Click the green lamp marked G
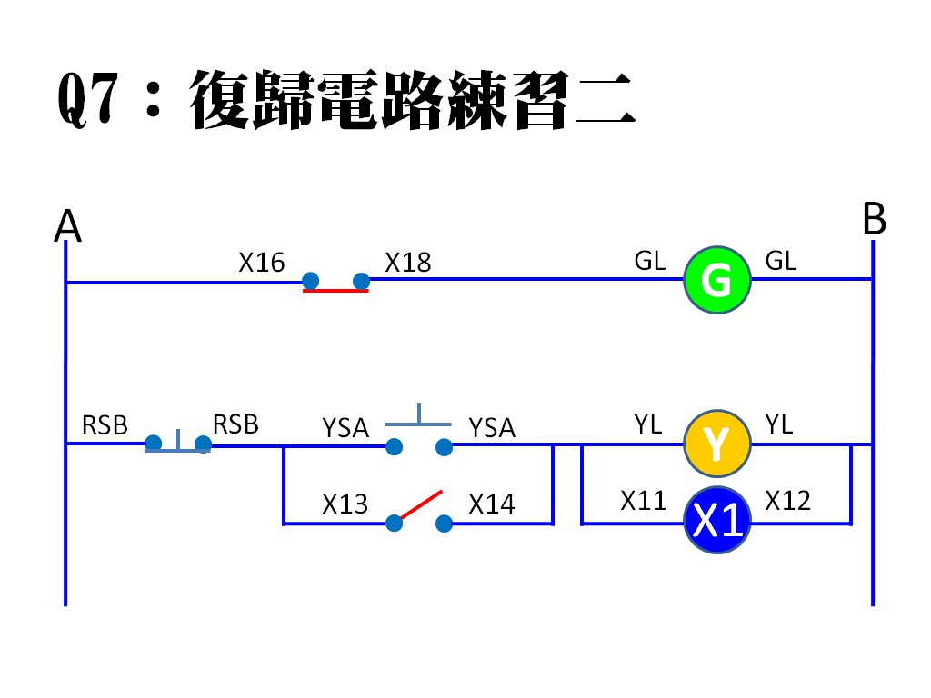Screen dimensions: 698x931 point(716,280)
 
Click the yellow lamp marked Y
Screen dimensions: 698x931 point(716,444)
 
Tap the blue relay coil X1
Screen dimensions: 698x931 point(717,522)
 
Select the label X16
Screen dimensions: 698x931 point(262,264)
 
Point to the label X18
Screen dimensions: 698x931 point(407,264)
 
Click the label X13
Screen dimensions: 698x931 point(345,504)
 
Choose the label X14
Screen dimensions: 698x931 point(491,504)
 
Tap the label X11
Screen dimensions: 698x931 point(644,501)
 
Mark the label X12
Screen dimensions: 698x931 point(788,501)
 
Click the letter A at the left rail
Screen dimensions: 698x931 point(67,226)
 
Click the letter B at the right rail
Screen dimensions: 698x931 point(874,221)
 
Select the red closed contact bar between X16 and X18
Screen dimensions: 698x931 point(335,291)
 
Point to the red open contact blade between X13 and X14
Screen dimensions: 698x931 point(419,505)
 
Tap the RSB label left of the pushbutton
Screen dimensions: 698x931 point(105,425)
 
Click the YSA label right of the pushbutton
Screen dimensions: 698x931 point(492,427)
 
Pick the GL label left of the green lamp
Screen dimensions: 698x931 point(650,262)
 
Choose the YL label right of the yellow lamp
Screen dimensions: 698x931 point(779,424)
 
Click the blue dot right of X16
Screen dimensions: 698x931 point(310,280)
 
